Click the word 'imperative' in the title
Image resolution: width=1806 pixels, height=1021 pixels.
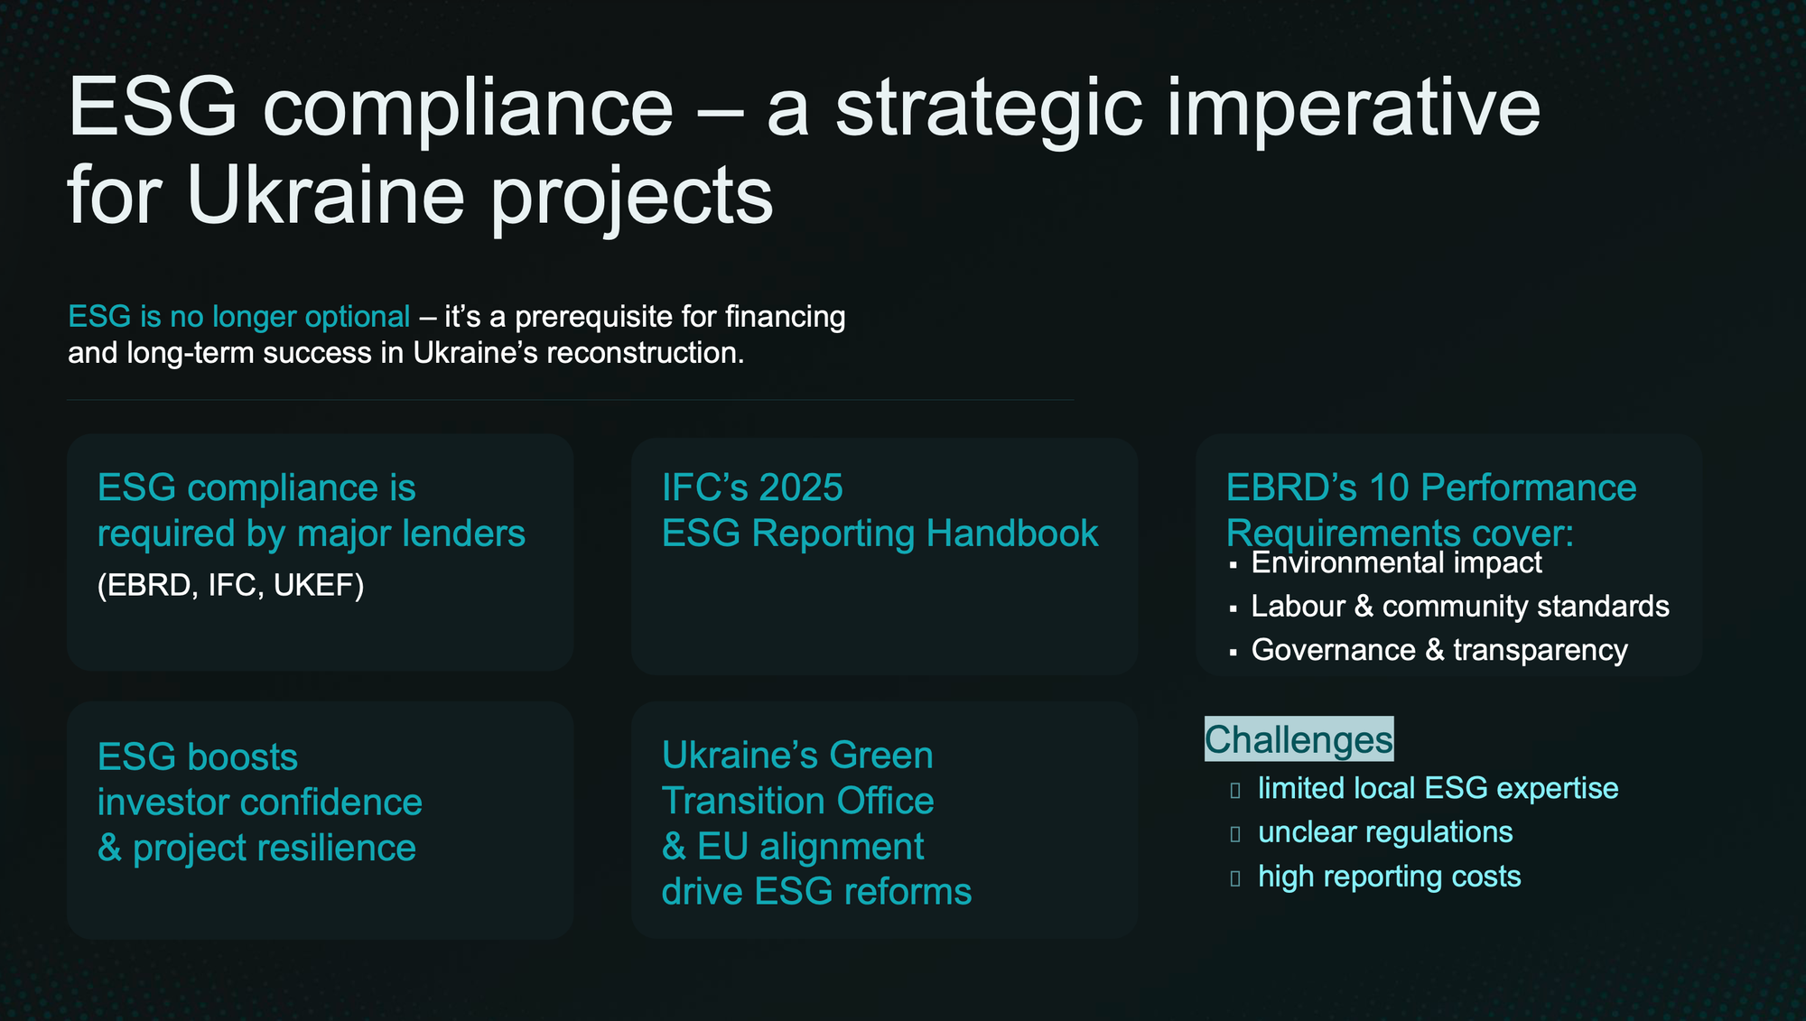(1354, 111)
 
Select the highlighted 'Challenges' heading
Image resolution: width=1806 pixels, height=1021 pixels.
(1299, 739)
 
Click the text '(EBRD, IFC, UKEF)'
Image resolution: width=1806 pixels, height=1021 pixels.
(231, 585)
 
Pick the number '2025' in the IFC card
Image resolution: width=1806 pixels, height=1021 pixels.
(801, 488)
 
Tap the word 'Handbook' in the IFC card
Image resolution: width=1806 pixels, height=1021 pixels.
(1012, 534)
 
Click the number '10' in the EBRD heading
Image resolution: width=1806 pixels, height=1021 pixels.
(1390, 488)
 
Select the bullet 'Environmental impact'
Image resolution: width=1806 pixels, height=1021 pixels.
(1397, 562)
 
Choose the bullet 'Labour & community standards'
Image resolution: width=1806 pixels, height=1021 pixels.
(1460, 607)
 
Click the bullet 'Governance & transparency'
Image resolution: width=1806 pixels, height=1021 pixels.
(1439, 650)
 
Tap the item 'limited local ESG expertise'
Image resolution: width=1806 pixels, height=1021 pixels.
(1438, 788)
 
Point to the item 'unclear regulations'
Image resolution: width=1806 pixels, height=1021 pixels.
(1386, 832)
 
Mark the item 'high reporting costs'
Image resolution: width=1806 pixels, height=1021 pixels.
(1390, 877)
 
